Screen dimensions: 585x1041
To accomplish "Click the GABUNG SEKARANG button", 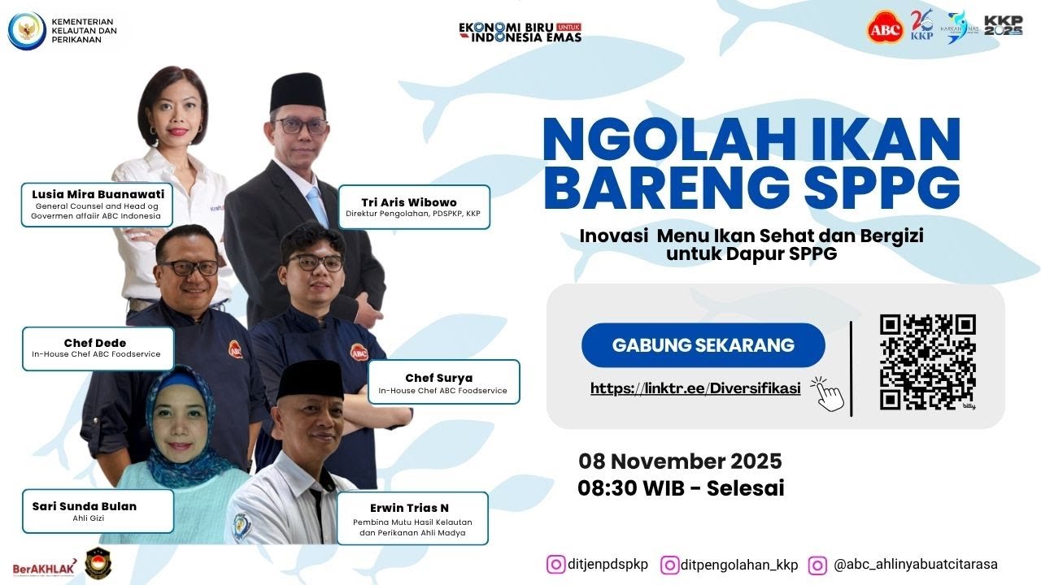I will (703, 344).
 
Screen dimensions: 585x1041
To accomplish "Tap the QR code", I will (927, 362).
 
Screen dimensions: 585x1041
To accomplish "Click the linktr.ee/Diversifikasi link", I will (695, 388).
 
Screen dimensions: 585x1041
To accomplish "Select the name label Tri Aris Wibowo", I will (414, 207).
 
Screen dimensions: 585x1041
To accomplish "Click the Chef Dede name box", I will (97, 348).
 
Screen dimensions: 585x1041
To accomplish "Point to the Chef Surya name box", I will (443, 383).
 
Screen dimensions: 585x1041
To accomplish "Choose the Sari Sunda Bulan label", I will (97, 510).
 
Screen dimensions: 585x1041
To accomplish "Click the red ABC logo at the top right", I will (886, 28).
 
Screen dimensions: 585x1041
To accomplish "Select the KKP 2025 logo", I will (1003, 26).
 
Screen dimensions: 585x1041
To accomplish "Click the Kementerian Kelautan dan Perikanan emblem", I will (26, 30).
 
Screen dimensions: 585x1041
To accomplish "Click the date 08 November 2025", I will (680, 461).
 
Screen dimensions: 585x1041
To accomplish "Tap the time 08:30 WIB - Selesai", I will (681, 488).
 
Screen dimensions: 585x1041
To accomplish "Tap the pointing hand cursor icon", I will (829, 394).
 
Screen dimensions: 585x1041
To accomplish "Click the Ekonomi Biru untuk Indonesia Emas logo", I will (520, 31).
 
